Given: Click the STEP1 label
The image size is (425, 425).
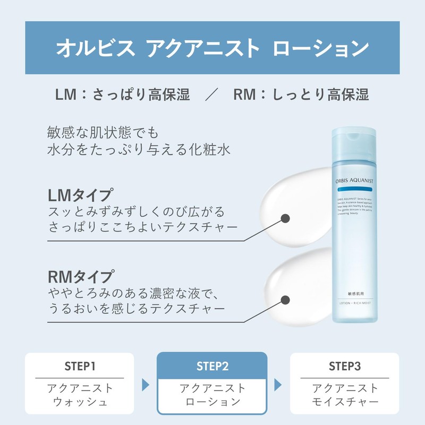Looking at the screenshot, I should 79,366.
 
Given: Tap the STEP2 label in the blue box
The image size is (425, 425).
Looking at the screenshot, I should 212,366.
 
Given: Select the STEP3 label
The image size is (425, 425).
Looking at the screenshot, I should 345,366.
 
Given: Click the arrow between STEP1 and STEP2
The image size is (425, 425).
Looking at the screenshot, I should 145,384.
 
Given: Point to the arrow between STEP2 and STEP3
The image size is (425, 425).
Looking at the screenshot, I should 277,384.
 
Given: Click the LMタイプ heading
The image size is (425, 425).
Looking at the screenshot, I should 80,194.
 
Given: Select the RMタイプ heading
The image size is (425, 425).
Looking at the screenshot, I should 80,277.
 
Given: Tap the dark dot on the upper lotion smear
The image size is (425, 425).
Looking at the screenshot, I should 285,218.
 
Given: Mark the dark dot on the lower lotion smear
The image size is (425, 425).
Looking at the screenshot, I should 285,300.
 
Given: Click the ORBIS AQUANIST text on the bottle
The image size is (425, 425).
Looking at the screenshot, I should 355,181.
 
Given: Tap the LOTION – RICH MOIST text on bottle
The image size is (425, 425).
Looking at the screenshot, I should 355,304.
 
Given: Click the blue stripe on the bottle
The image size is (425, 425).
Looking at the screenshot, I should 355,189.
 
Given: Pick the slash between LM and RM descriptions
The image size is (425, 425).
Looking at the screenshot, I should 212,95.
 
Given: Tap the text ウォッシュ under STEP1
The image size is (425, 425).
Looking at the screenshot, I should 79,402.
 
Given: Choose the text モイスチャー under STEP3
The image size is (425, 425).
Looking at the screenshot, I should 345,402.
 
